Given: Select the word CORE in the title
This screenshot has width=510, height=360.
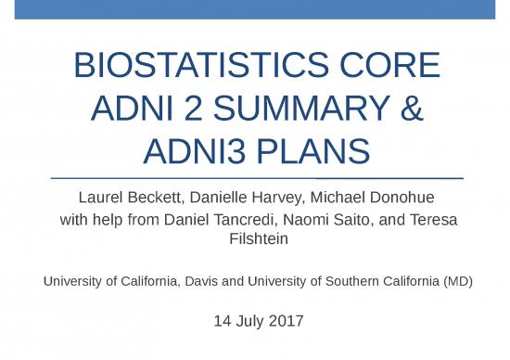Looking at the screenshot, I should (393, 66).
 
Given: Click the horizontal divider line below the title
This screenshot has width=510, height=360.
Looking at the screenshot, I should (255, 176).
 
